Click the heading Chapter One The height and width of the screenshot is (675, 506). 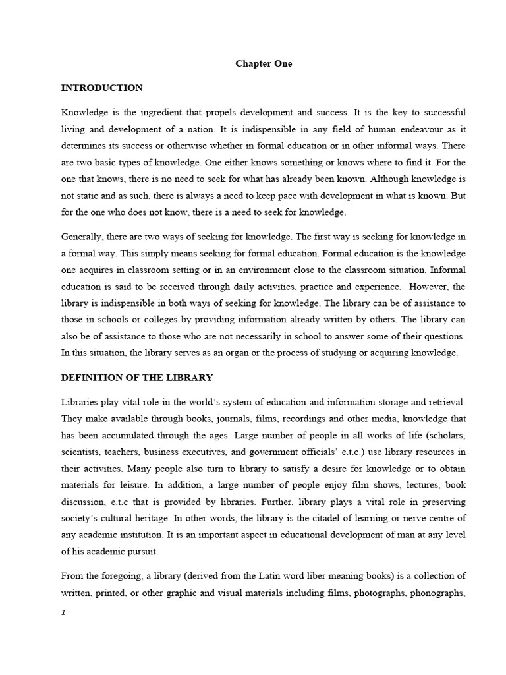click(x=264, y=64)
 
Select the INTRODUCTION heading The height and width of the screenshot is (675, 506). click(x=101, y=88)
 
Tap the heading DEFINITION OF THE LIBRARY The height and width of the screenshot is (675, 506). click(x=136, y=377)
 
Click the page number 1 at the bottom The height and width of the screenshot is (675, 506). click(x=63, y=612)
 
